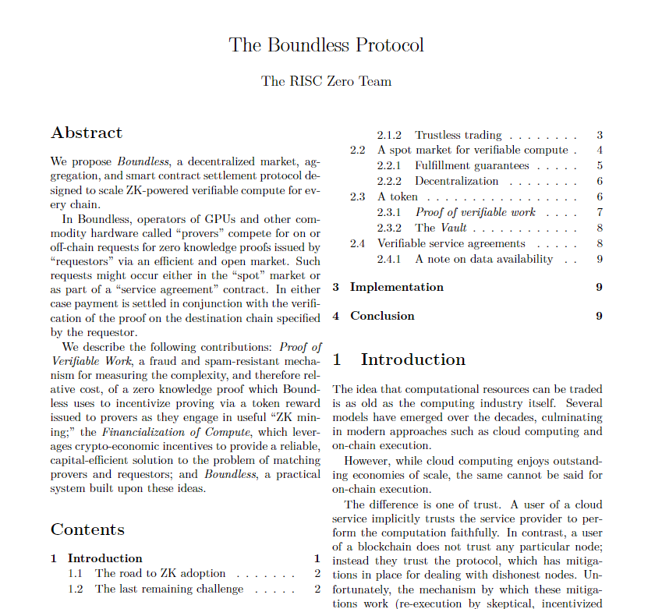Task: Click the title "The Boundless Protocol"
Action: tap(327, 44)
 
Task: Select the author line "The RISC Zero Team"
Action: tap(327, 81)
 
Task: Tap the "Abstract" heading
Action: tap(87, 133)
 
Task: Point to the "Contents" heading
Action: tap(87, 529)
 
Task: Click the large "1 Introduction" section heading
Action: tap(399, 359)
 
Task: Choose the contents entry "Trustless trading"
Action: tap(458, 135)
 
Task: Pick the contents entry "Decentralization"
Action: tap(456, 181)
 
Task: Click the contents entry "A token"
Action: tap(398, 197)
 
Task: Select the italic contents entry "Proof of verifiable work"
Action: tap(475, 212)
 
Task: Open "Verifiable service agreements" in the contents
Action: tap(451, 243)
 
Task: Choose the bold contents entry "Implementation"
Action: tap(396, 287)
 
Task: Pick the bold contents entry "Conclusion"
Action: tap(382, 316)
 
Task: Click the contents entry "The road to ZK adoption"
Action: tap(160, 573)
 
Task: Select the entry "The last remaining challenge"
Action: tap(169, 589)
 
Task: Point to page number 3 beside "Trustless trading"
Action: tap(599, 135)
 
